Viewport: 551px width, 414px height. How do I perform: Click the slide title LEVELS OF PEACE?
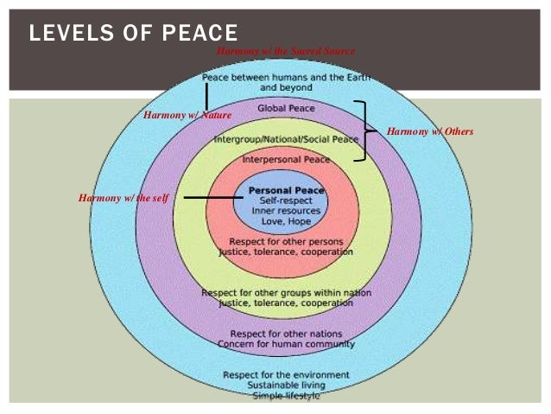coord(134,34)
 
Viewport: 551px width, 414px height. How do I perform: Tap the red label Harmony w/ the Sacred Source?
coord(285,52)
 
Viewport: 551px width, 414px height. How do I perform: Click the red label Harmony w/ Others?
coord(430,131)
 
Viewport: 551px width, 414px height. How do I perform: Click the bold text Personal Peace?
coord(286,189)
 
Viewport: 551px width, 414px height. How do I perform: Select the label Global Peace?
coord(286,108)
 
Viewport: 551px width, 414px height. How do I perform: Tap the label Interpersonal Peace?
coord(286,159)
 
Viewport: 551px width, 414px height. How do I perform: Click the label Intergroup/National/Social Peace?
coord(285,138)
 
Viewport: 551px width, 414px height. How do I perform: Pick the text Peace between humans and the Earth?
coord(286,77)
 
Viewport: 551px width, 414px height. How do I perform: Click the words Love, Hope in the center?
coord(286,220)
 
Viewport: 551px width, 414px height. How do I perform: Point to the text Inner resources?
coord(286,210)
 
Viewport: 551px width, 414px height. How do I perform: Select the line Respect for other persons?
coord(286,241)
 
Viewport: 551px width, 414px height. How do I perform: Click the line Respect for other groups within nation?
coord(286,293)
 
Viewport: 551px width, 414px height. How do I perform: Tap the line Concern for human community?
coord(286,344)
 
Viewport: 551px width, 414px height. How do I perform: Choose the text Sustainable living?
coord(286,385)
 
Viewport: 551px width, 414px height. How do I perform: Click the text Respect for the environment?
coord(286,374)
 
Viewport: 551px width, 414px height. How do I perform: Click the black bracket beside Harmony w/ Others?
coord(363,131)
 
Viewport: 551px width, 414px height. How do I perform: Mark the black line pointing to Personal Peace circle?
coord(207,198)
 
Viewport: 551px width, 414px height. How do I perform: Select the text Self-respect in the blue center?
coord(286,200)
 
